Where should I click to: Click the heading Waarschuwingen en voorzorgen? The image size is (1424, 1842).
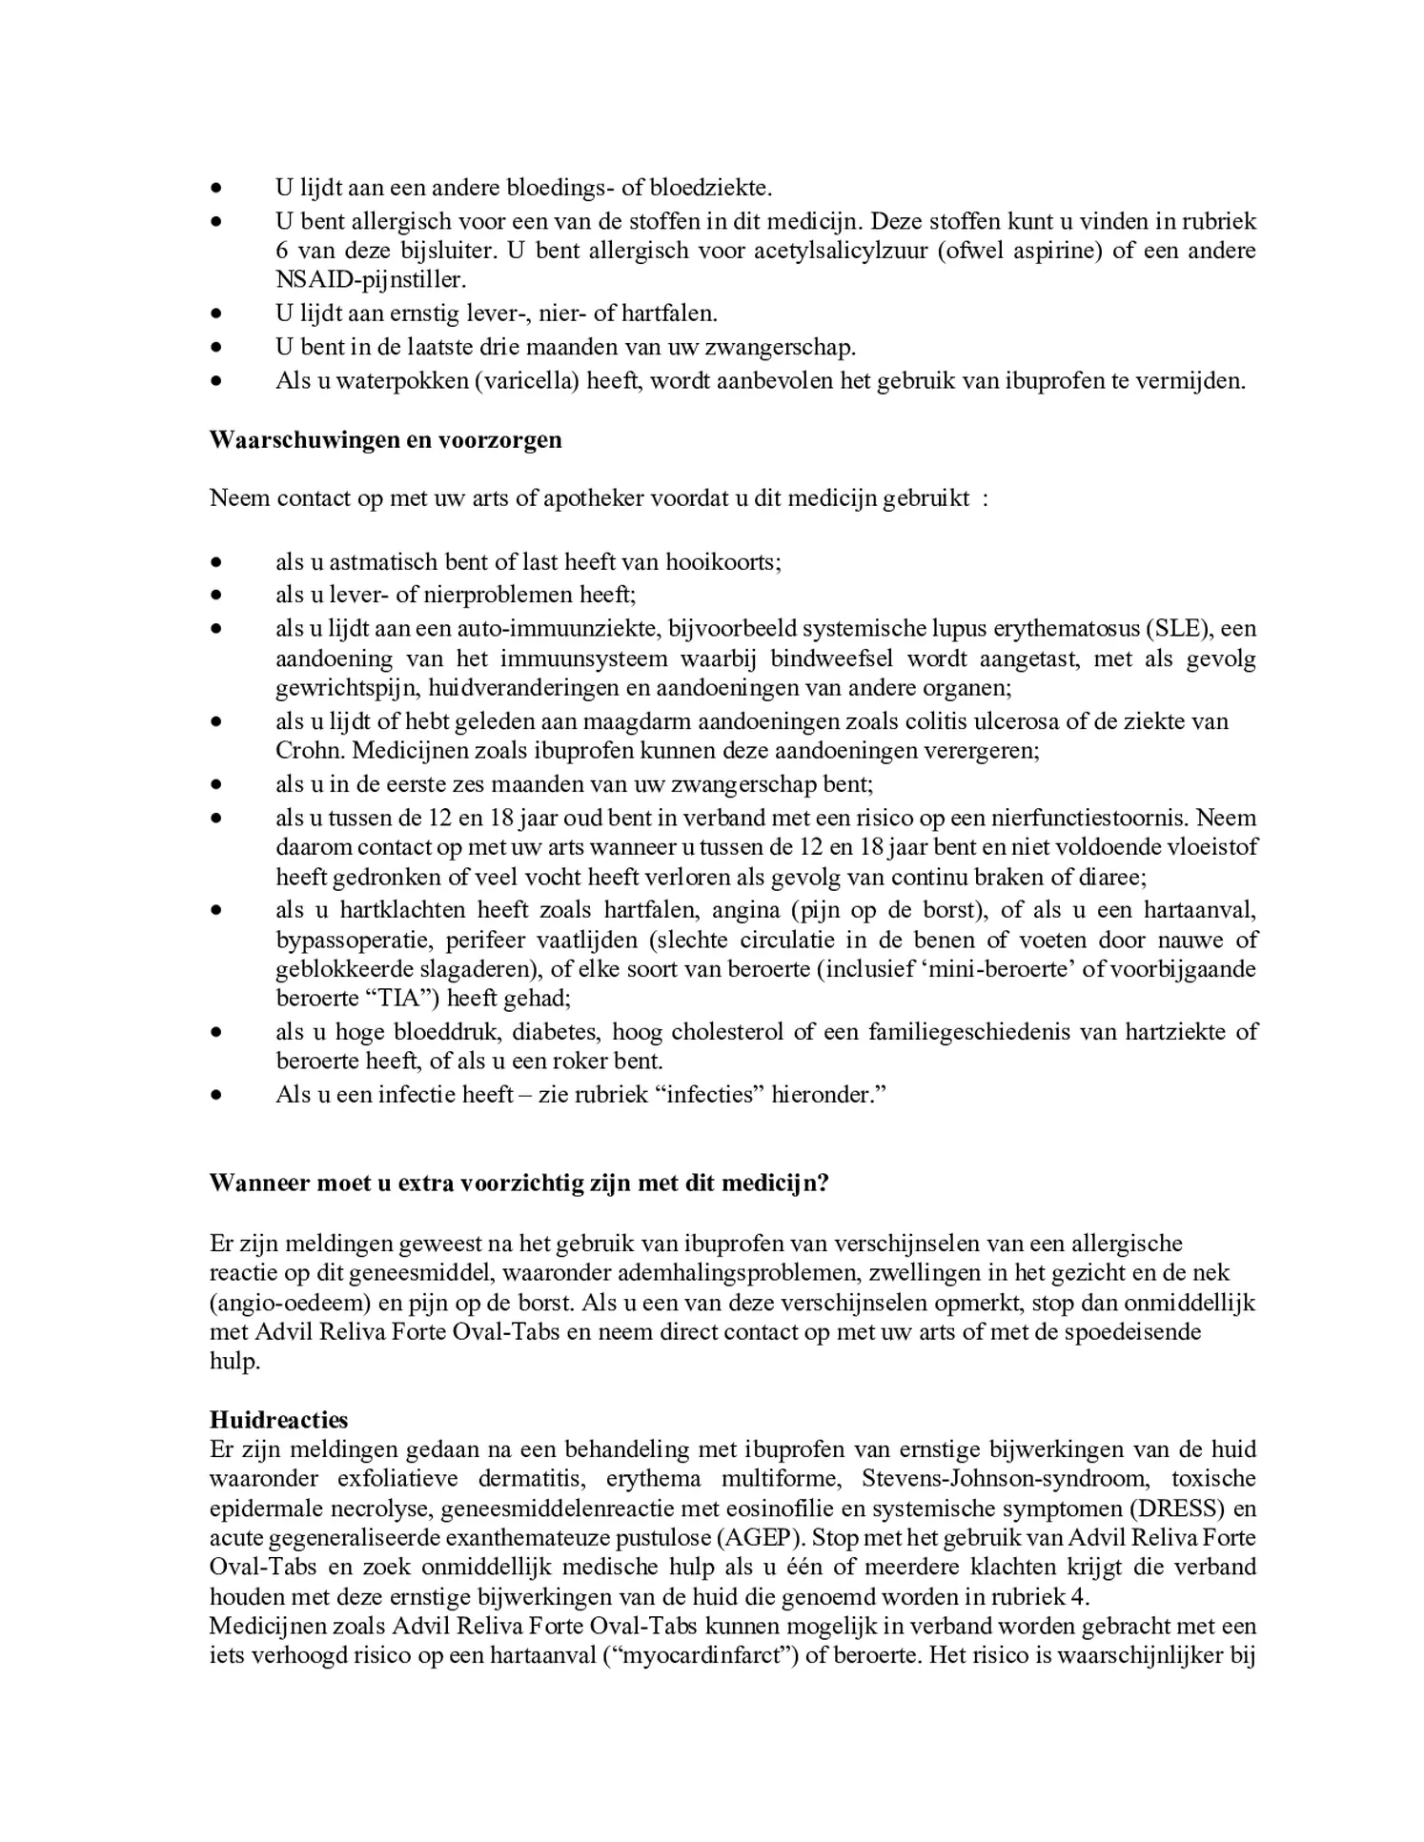[385, 440]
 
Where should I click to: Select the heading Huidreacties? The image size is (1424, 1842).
[278, 1419]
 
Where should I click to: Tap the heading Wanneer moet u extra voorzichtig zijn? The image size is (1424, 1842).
[519, 1183]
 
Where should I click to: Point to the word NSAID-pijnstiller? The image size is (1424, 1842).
[371, 280]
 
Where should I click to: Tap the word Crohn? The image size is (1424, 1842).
[309, 750]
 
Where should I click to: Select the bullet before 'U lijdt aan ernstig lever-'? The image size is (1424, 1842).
[217, 314]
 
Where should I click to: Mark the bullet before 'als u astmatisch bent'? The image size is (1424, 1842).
[217, 562]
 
